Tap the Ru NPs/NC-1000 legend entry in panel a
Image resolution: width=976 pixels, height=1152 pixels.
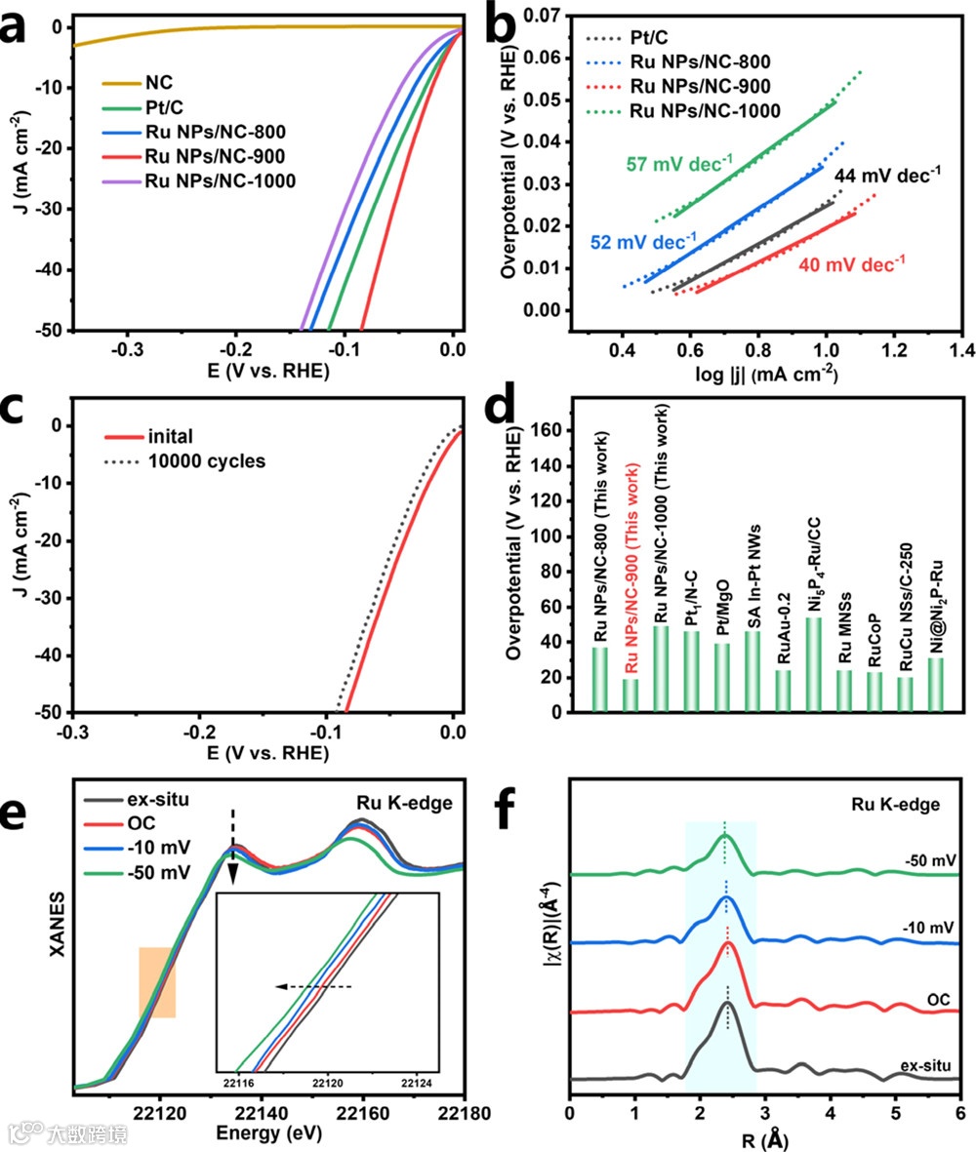coord(219,181)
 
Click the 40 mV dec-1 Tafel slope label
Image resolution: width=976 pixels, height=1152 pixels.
coord(852,263)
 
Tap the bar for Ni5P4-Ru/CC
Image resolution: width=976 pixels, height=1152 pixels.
coord(814,664)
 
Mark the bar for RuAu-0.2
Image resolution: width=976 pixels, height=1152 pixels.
coord(784,691)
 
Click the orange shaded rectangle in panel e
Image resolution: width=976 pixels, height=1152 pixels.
coord(157,982)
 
